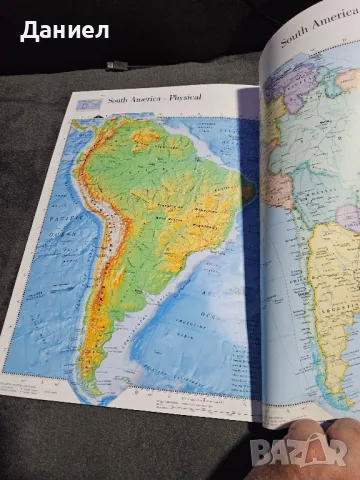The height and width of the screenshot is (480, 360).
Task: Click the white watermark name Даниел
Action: [63, 30]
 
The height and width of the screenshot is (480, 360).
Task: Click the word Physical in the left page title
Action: [183, 98]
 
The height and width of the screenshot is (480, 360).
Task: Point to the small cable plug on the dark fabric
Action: [117, 65]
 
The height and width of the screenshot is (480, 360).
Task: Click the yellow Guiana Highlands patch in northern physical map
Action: [170, 140]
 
